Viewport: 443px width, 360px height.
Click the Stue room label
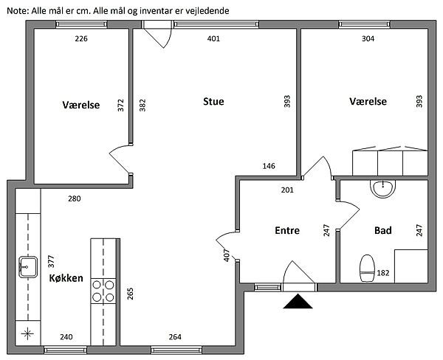213,101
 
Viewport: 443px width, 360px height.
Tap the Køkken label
66,278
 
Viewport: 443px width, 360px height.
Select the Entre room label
287,230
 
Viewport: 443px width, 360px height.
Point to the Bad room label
382,230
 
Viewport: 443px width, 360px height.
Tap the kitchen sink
28,267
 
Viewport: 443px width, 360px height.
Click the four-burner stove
103,291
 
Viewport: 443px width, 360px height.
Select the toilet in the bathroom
367,269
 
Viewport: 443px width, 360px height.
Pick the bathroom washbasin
382,189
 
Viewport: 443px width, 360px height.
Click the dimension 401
213,38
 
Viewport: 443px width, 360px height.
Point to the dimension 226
81,38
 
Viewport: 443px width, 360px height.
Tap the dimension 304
368,38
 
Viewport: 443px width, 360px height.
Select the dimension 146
269,166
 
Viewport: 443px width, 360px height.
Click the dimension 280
75,198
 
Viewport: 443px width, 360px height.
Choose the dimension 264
175,337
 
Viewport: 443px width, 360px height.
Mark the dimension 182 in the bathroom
383,273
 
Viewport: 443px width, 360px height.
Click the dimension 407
227,255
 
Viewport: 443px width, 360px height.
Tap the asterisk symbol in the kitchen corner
27,333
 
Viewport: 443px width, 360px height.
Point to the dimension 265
130,294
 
